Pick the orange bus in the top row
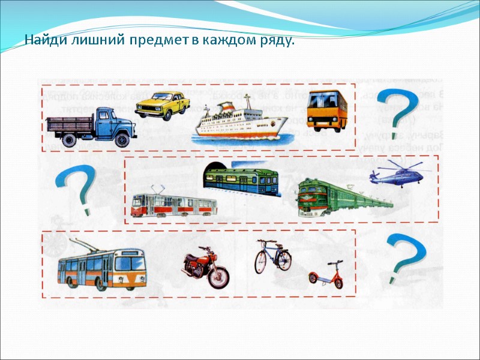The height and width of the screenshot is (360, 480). [x=327, y=110]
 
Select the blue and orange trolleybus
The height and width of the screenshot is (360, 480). [x=101, y=267]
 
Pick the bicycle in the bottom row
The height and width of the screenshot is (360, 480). [x=272, y=256]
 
